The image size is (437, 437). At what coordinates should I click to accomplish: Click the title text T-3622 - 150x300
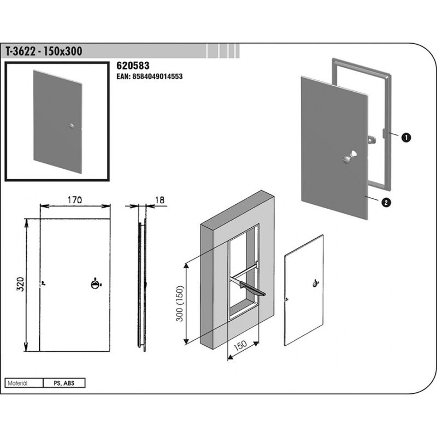tap(44, 51)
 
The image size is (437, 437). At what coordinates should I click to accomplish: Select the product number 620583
tap(133, 66)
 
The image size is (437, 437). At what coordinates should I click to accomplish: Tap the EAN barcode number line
tap(149, 76)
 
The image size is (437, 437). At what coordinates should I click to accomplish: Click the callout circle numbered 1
tap(406, 138)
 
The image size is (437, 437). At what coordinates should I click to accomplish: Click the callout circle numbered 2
tap(386, 203)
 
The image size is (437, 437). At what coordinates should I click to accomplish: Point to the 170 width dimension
tap(75, 200)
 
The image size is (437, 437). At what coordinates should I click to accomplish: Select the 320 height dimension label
tap(20, 284)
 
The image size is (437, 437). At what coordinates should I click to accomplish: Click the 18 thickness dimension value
tap(160, 200)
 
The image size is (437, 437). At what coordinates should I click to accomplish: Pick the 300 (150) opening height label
tap(180, 303)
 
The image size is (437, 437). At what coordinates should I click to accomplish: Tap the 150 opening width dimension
tap(240, 346)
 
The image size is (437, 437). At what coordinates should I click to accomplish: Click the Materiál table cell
tap(24, 383)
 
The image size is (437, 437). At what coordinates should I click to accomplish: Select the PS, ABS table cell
tap(64, 383)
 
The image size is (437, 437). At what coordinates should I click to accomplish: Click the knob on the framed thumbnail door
tap(72, 126)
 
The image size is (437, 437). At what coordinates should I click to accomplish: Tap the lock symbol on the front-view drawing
tap(96, 284)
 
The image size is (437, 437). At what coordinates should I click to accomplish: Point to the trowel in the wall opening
tap(248, 288)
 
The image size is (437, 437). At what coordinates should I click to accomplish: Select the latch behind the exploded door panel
tap(372, 139)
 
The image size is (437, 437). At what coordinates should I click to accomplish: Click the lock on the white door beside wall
tap(316, 284)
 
